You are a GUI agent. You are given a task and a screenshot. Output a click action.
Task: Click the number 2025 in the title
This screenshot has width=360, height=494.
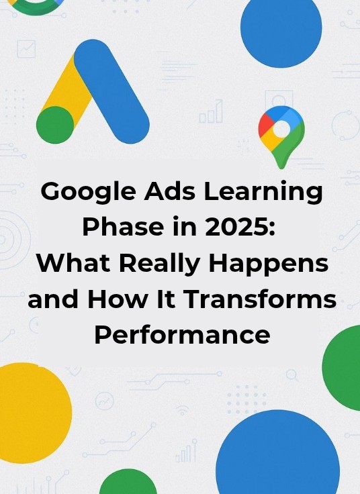pos(241,228)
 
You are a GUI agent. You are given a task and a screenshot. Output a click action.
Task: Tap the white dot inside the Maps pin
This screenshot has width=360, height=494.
pos(282,128)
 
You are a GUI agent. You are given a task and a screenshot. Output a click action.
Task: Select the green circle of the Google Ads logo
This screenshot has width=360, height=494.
pos(54,125)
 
